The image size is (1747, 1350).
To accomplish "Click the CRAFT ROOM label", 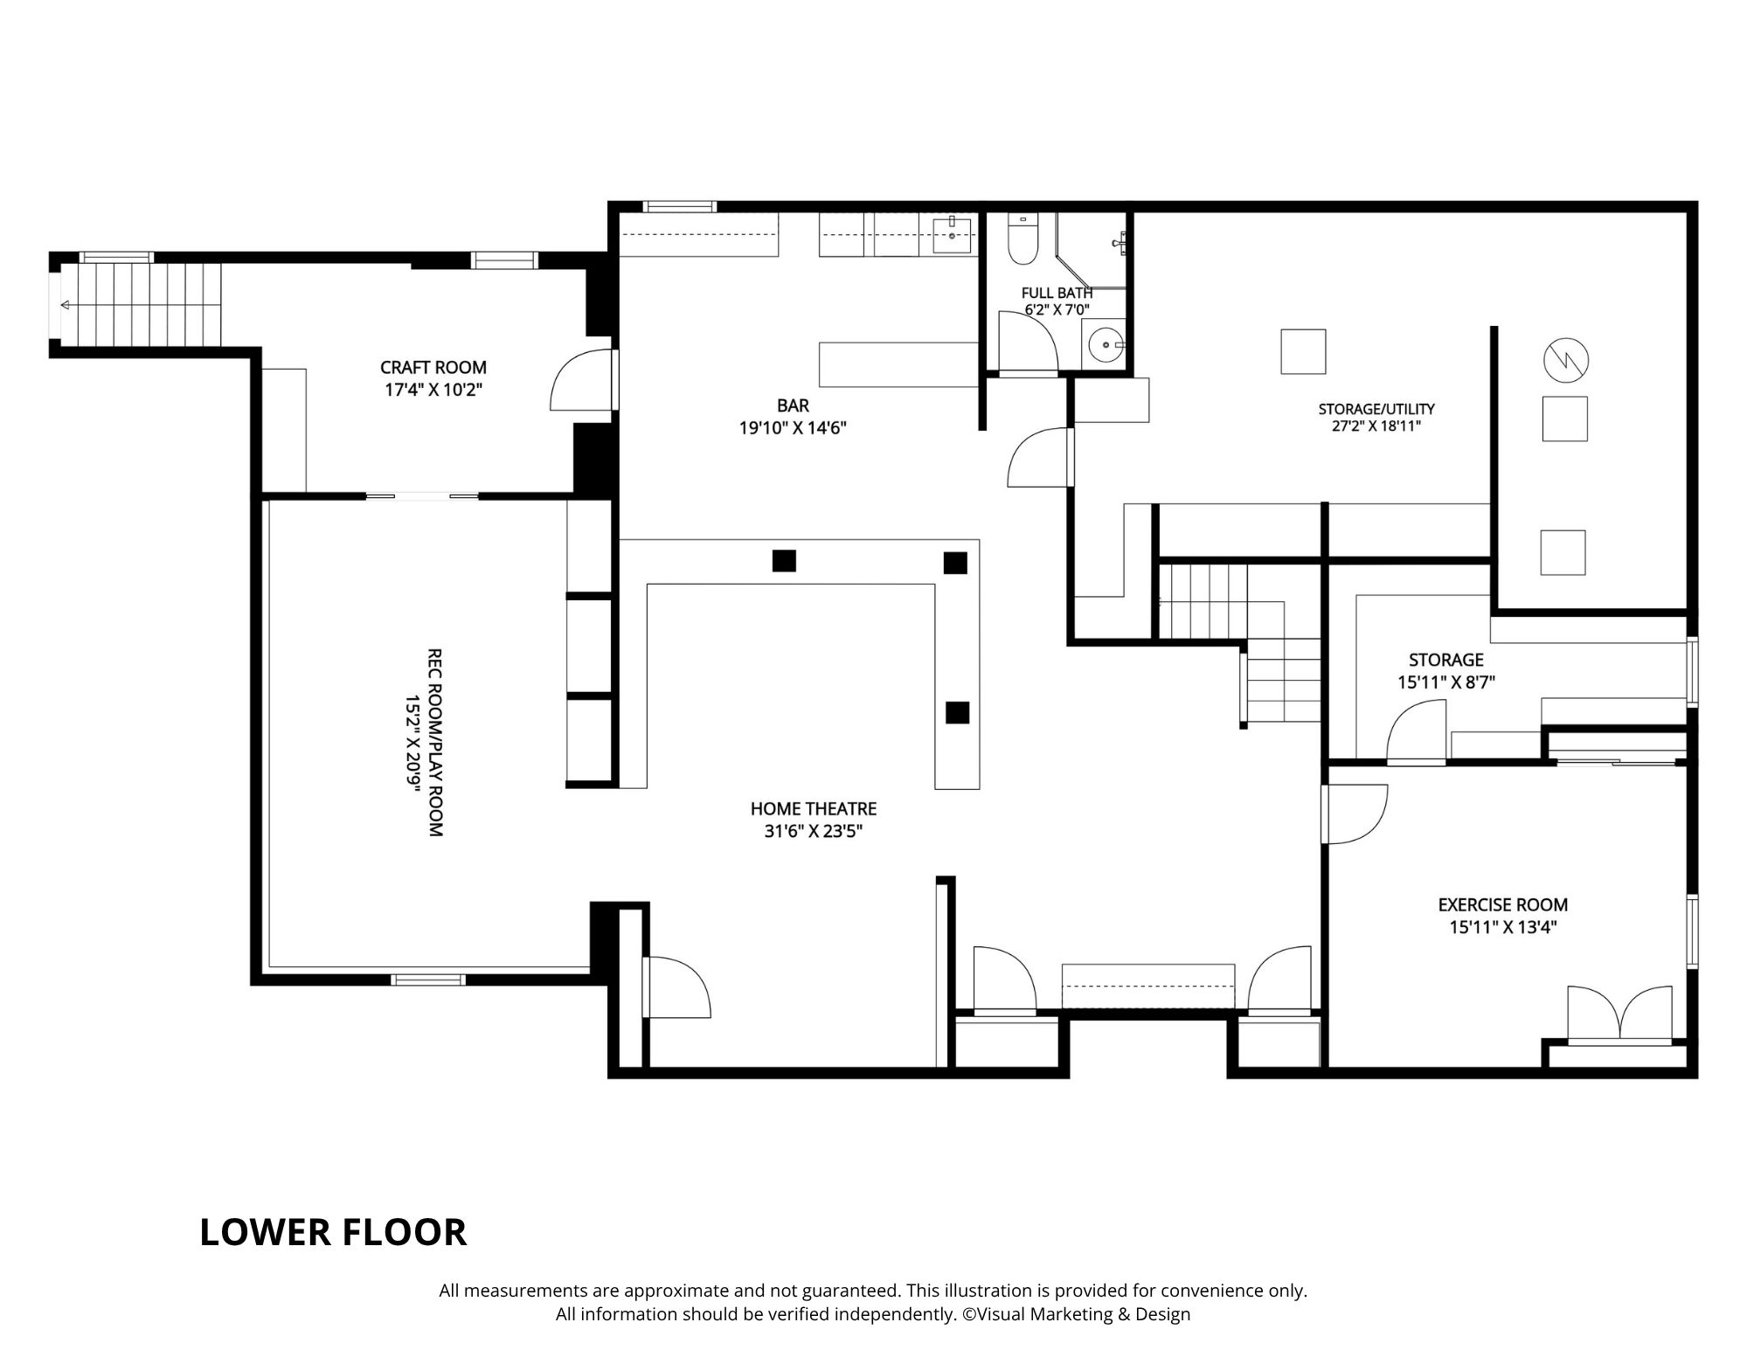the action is pyautogui.click(x=433, y=368).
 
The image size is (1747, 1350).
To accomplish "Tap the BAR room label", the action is pyautogui.click(x=794, y=405).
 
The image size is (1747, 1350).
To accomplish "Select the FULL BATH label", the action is pyautogui.click(x=1057, y=293).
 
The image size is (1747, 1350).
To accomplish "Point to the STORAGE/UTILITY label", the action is pyautogui.click(x=1376, y=409).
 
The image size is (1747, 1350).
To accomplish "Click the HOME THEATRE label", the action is pyautogui.click(x=814, y=809).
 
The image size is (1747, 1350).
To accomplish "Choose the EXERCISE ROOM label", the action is pyautogui.click(x=1503, y=904).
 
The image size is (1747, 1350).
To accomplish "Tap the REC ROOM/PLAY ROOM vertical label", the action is pyautogui.click(x=434, y=742).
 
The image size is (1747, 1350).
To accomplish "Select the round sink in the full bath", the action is pyautogui.click(x=1106, y=344).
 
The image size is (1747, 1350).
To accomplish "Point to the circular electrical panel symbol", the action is pyautogui.click(x=1565, y=359).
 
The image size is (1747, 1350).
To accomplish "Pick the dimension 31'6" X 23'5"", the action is pyautogui.click(x=814, y=832).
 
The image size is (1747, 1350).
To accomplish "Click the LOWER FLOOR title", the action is pyautogui.click(x=333, y=1232).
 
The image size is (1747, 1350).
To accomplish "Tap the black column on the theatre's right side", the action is pyautogui.click(x=958, y=713).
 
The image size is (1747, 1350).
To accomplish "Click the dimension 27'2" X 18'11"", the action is pyautogui.click(x=1376, y=426).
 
